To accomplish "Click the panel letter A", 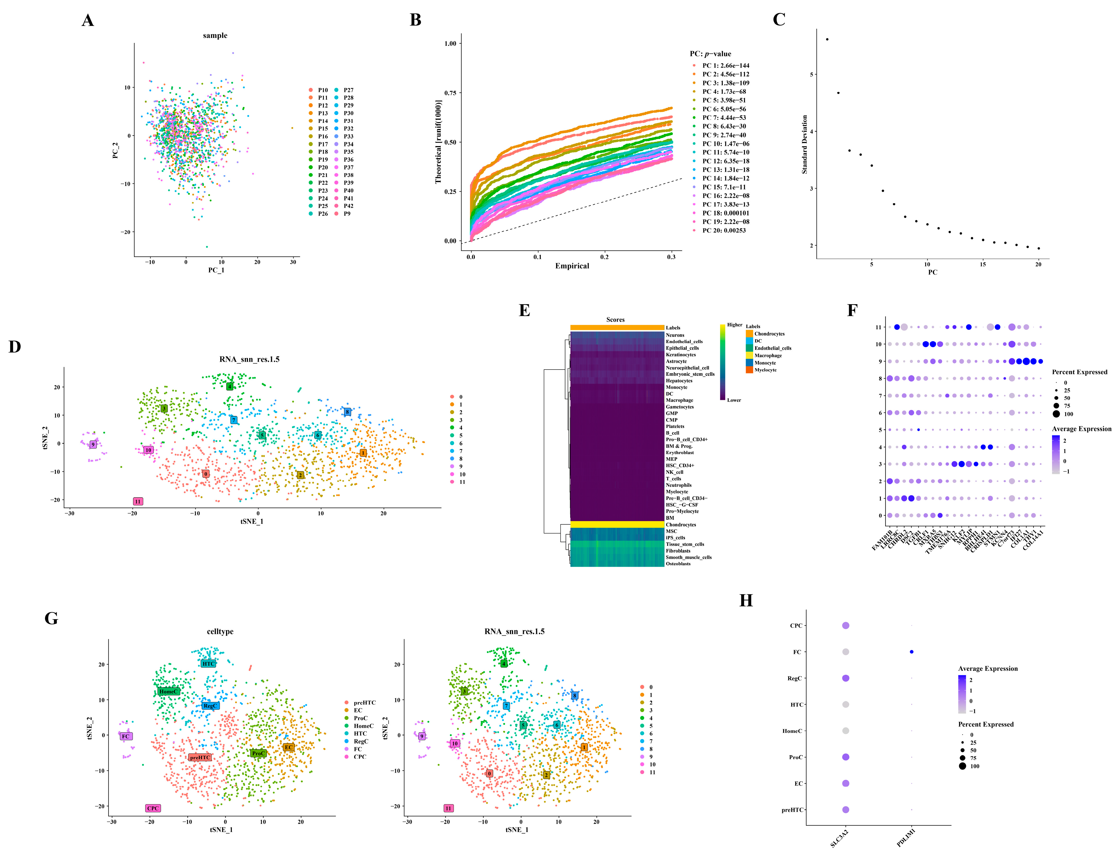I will (x=88, y=20).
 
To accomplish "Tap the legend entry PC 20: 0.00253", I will (x=724, y=231).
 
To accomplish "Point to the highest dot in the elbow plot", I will (x=827, y=39).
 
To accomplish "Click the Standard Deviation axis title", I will (x=804, y=145).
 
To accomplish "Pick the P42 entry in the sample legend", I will (x=348, y=206).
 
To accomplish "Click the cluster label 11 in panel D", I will (x=137, y=501).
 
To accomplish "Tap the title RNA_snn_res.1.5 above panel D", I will (x=249, y=359).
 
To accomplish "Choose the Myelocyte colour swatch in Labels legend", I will (x=750, y=370).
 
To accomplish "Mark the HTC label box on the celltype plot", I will (x=208, y=664).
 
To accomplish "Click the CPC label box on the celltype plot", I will (x=153, y=808).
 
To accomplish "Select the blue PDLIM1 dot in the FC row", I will (x=911, y=652).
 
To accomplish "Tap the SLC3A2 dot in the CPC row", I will (x=846, y=625).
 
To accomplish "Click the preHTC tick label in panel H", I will (x=792, y=810).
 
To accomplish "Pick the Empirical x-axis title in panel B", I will (x=572, y=266).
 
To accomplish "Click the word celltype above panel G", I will (x=220, y=632).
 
